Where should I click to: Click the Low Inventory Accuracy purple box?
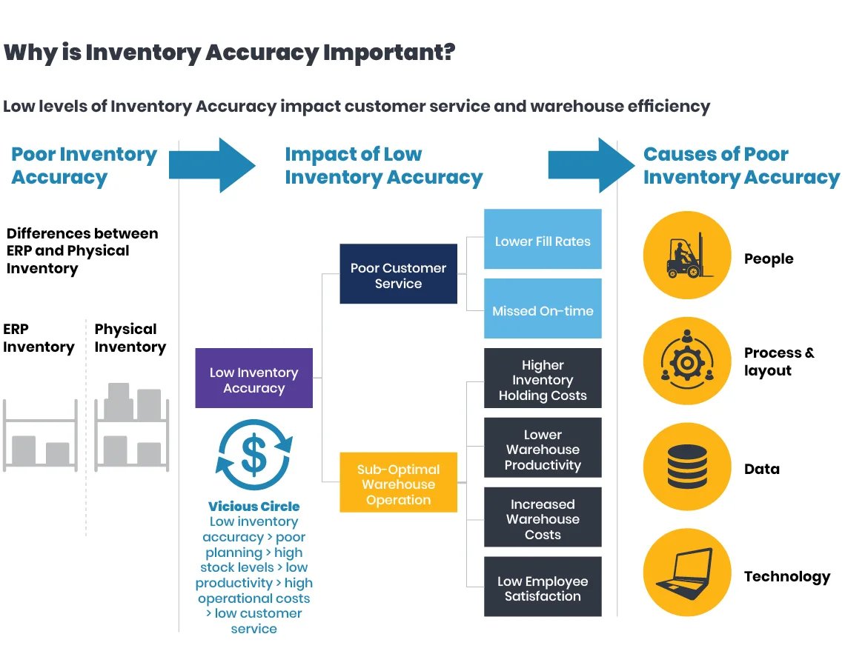[253, 378]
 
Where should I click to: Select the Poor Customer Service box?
[398, 273]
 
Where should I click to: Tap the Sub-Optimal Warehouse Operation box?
[398, 482]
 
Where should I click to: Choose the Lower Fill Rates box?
[543, 239]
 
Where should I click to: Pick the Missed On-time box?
[543, 309]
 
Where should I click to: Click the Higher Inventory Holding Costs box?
[543, 378]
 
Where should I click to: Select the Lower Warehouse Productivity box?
[543, 447]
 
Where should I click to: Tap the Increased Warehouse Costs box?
[543, 517]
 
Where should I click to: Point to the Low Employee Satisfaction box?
[543, 587]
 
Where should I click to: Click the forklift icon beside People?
[687, 256]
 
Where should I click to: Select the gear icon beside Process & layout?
[687, 361]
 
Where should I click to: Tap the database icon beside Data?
[687, 467]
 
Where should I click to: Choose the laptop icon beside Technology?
[687, 572]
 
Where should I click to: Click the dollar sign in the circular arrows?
[253, 454]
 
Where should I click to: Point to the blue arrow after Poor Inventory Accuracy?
[212, 165]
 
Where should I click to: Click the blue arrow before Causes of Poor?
[591, 165]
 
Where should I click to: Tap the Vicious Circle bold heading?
[253, 506]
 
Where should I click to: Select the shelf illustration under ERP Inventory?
[41, 435]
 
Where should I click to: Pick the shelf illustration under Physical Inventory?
[131, 427]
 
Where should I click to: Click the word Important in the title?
[389, 53]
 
